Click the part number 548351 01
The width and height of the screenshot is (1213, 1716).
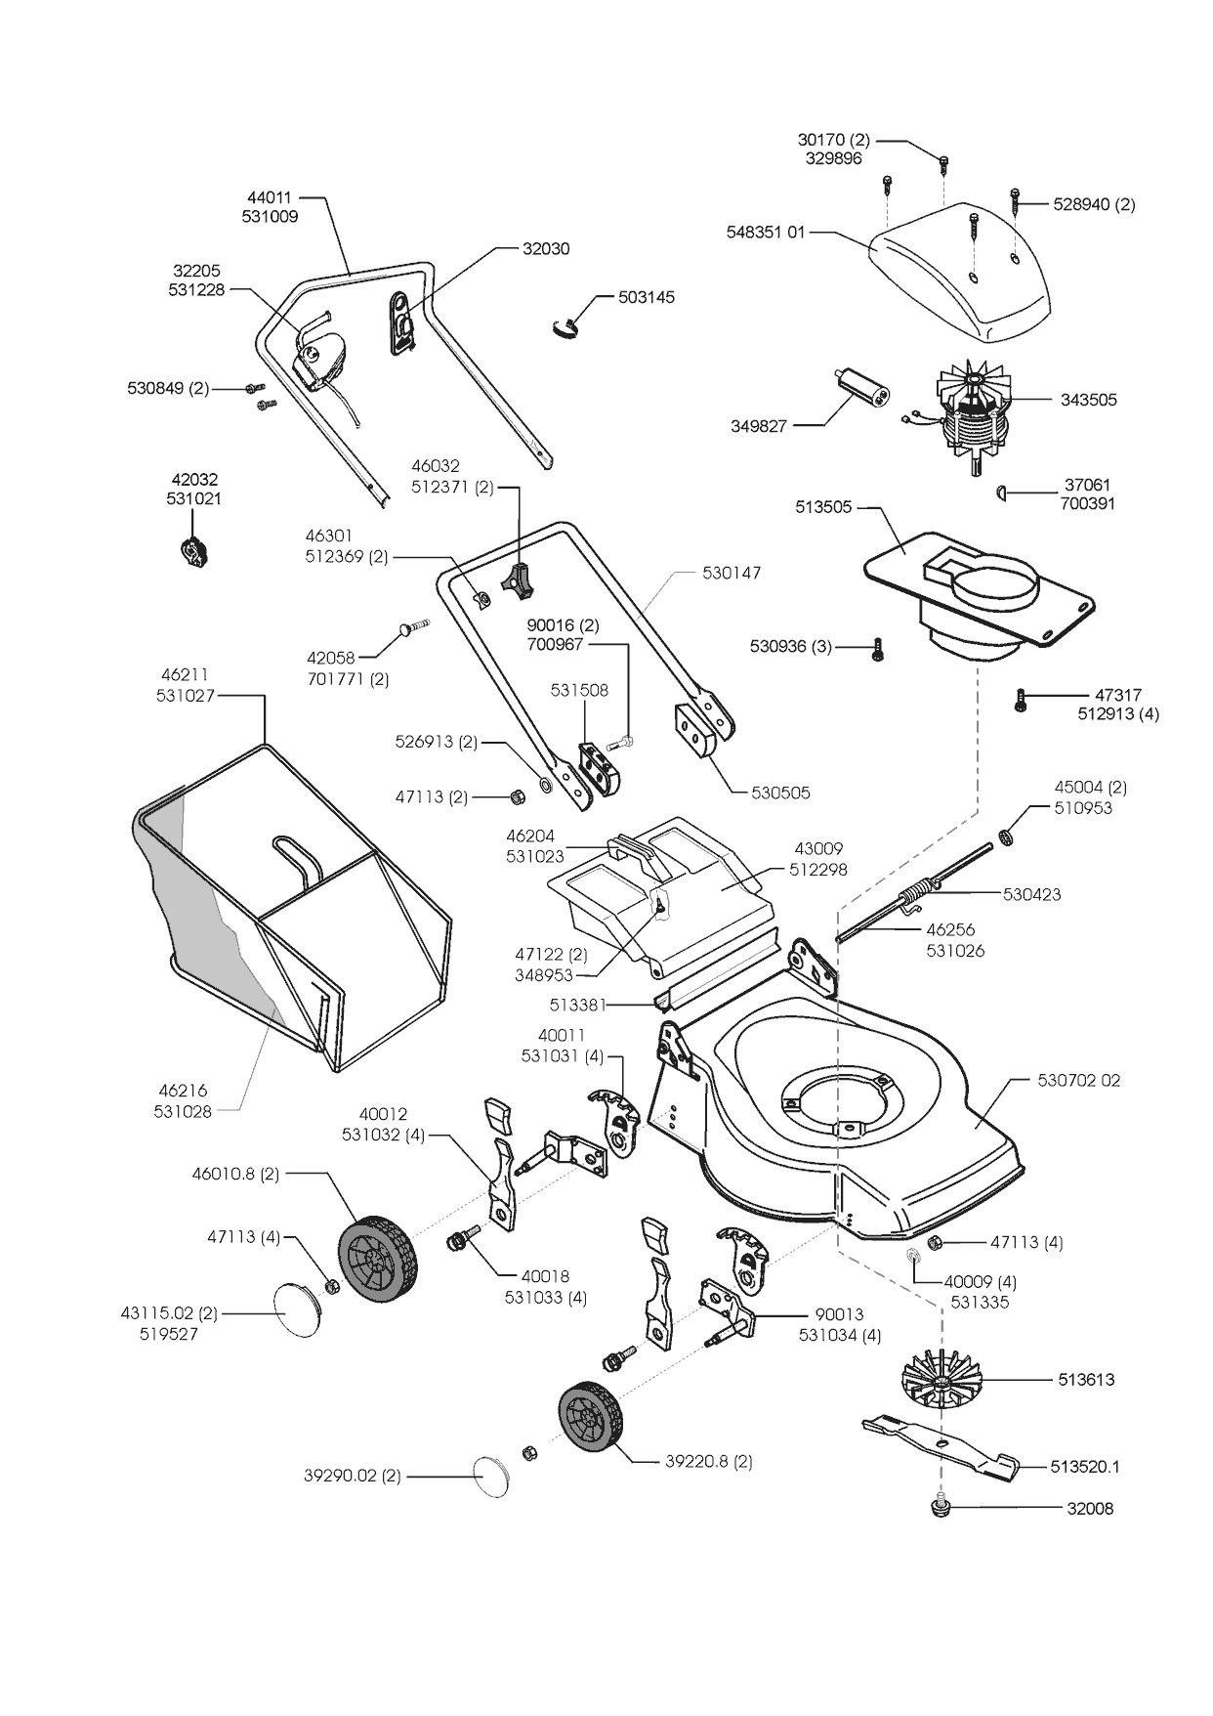(766, 233)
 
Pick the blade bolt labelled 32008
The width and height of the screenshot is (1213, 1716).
(941, 1508)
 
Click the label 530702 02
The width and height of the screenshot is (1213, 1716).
(1078, 1081)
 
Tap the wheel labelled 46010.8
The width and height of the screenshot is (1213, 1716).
(377, 1260)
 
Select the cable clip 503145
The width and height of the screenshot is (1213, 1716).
(564, 326)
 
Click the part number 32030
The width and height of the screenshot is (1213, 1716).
(546, 249)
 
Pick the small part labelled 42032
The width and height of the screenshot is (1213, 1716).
(195, 551)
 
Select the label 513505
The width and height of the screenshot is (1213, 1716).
(823, 508)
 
